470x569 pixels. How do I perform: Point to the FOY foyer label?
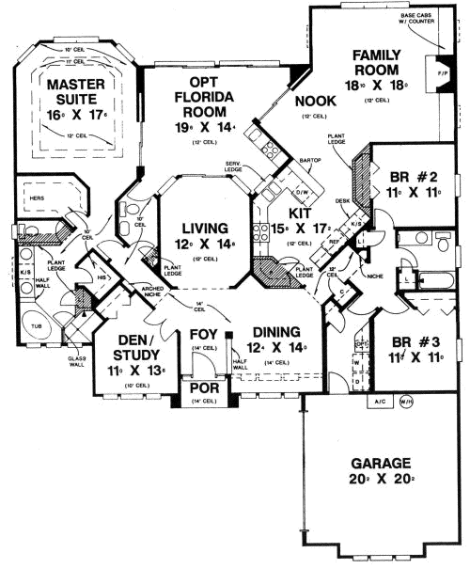tap(205, 334)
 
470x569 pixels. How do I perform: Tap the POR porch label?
tap(204, 388)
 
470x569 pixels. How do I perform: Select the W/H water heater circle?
tap(406, 404)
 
